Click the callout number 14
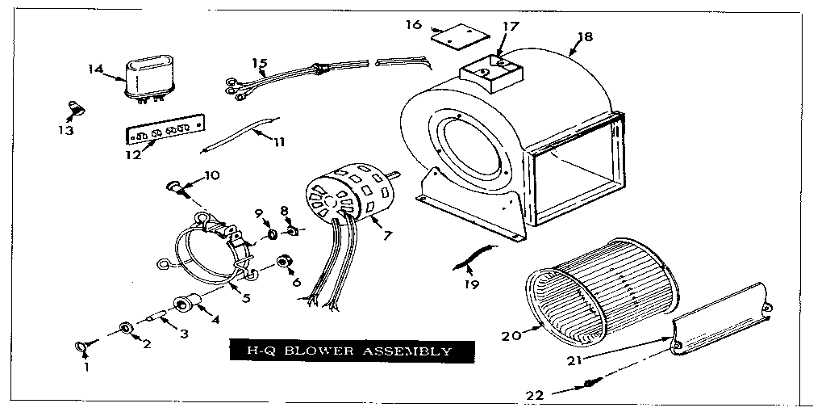click(95, 69)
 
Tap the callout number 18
click(586, 37)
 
